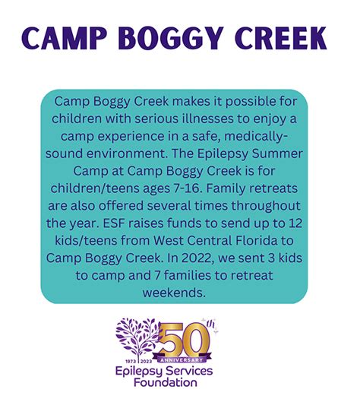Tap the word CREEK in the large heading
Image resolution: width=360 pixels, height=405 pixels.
pyautogui.click(x=281, y=38)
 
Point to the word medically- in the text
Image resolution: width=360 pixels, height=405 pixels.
pyautogui.click(x=256, y=136)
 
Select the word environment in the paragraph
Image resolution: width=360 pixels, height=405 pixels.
pyautogui.click(x=125, y=153)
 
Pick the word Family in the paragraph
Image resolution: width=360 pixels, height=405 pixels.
pyautogui.click(x=226, y=188)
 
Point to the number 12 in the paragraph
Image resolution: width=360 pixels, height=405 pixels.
pyautogui.click(x=295, y=223)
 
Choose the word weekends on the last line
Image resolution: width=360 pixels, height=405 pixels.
pyautogui.click(x=174, y=293)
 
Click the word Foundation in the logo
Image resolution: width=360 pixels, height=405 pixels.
pyautogui.click(x=166, y=382)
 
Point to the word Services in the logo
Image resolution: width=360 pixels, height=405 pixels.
pyautogui.click(x=189, y=371)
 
